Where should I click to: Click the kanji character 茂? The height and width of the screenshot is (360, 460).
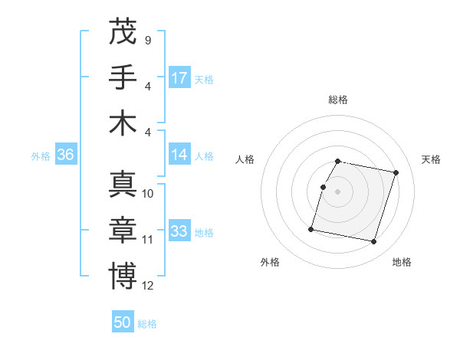pyautogui.click(x=123, y=31)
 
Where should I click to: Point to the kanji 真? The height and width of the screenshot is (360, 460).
pyautogui.click(x=123, y=184)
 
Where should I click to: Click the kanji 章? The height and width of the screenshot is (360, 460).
pyautogui.click(x=123, y=230)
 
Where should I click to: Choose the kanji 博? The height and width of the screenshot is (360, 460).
pyautogui.click(x=123, y=276)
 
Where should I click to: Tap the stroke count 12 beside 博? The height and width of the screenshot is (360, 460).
pyautogui.click(x=148, y=286)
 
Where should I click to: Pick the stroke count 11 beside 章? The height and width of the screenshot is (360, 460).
pyautogui.click(x=148, y=240)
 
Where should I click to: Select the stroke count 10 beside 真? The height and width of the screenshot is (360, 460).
pyautogui.click(x=148, y=194)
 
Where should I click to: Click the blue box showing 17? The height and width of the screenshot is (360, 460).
pyautogui.click(x=179, y=78)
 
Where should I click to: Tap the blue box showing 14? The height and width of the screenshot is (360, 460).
pyautogui.click(x=179, y=155)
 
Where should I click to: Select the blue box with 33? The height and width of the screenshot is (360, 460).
pyautogui.click(x=179, y=231)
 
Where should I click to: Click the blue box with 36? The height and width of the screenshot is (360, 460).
pyautogui.click(x=65, y=155)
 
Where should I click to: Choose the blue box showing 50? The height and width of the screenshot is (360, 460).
pyautogui.click(x=123, y=322)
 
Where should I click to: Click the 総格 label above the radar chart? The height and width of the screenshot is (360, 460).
pyautogui.click(x=338, y=100)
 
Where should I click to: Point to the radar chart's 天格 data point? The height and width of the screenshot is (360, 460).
pyautogui.click(x=396, y=173)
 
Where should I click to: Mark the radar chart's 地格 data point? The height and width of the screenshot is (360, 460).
pyautogui.click(x=373, y=242)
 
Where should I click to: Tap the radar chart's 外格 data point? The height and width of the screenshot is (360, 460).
pyautogui.click(x=311, y=228)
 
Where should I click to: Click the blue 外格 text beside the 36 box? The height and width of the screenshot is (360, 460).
pyautogui.click(x=41, y=156)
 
